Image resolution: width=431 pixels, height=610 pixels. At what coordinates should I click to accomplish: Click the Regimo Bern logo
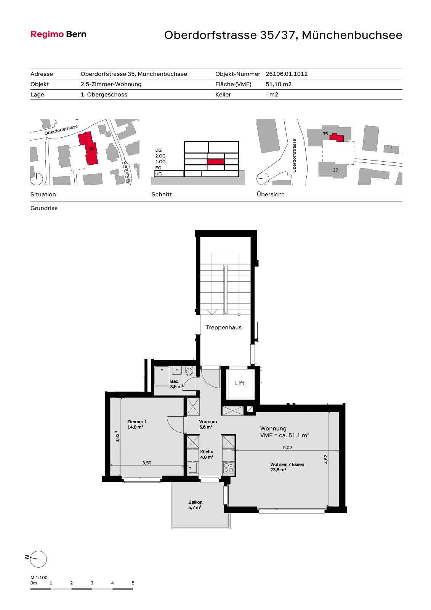(58, 34)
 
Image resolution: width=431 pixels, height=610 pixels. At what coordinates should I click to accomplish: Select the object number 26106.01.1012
(287, 74)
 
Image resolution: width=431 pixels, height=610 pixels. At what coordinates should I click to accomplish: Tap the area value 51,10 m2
(279, 84)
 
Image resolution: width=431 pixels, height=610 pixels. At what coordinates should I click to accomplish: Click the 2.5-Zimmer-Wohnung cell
(111, 84)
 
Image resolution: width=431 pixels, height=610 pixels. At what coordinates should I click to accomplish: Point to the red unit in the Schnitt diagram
(215, 162)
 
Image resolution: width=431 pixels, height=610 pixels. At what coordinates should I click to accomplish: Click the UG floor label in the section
(158, 174)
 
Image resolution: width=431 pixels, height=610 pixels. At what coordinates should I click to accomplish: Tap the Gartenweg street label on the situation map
(127, 172)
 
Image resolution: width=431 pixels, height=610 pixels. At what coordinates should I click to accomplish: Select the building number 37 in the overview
(335, 170)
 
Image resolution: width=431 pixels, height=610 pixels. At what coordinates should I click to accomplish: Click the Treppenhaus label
(224, 327)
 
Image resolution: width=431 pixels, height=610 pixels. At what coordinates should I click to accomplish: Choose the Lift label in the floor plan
(240, 383)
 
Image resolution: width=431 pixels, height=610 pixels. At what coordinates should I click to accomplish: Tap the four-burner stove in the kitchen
(228, 467)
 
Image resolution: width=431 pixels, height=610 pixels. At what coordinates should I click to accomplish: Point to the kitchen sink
(192, 467)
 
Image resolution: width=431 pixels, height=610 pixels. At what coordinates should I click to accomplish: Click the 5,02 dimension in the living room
(287, 448)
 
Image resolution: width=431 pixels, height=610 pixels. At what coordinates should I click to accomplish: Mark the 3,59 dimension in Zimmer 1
(147, 463)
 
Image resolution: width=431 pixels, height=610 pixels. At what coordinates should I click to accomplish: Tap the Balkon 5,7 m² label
(195, 505)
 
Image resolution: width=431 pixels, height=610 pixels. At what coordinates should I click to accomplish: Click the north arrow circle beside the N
(38, 559)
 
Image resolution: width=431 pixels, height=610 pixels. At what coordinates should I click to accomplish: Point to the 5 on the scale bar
(133, 583)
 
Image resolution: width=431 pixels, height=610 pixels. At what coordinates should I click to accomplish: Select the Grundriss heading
(44, 208)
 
